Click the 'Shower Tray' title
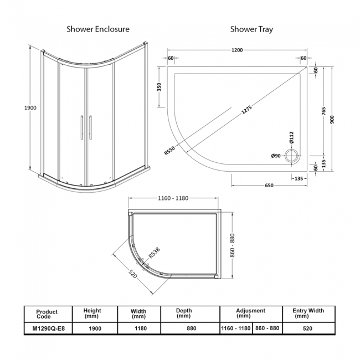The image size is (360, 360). (x=251, y=29)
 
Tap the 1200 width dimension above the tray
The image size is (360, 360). (x=237, y=50)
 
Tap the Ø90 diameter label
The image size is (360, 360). (x=275, y=156)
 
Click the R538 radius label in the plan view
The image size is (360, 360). (x=153, y=254)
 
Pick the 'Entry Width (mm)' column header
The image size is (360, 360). (x=308, y=313)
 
